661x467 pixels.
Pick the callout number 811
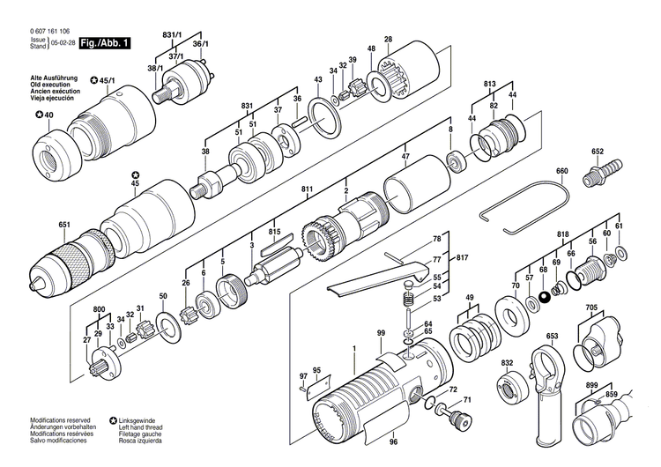tap(307, 190)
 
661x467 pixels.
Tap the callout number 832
tap(507, 364)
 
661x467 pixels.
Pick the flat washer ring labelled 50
tap(167, 316)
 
